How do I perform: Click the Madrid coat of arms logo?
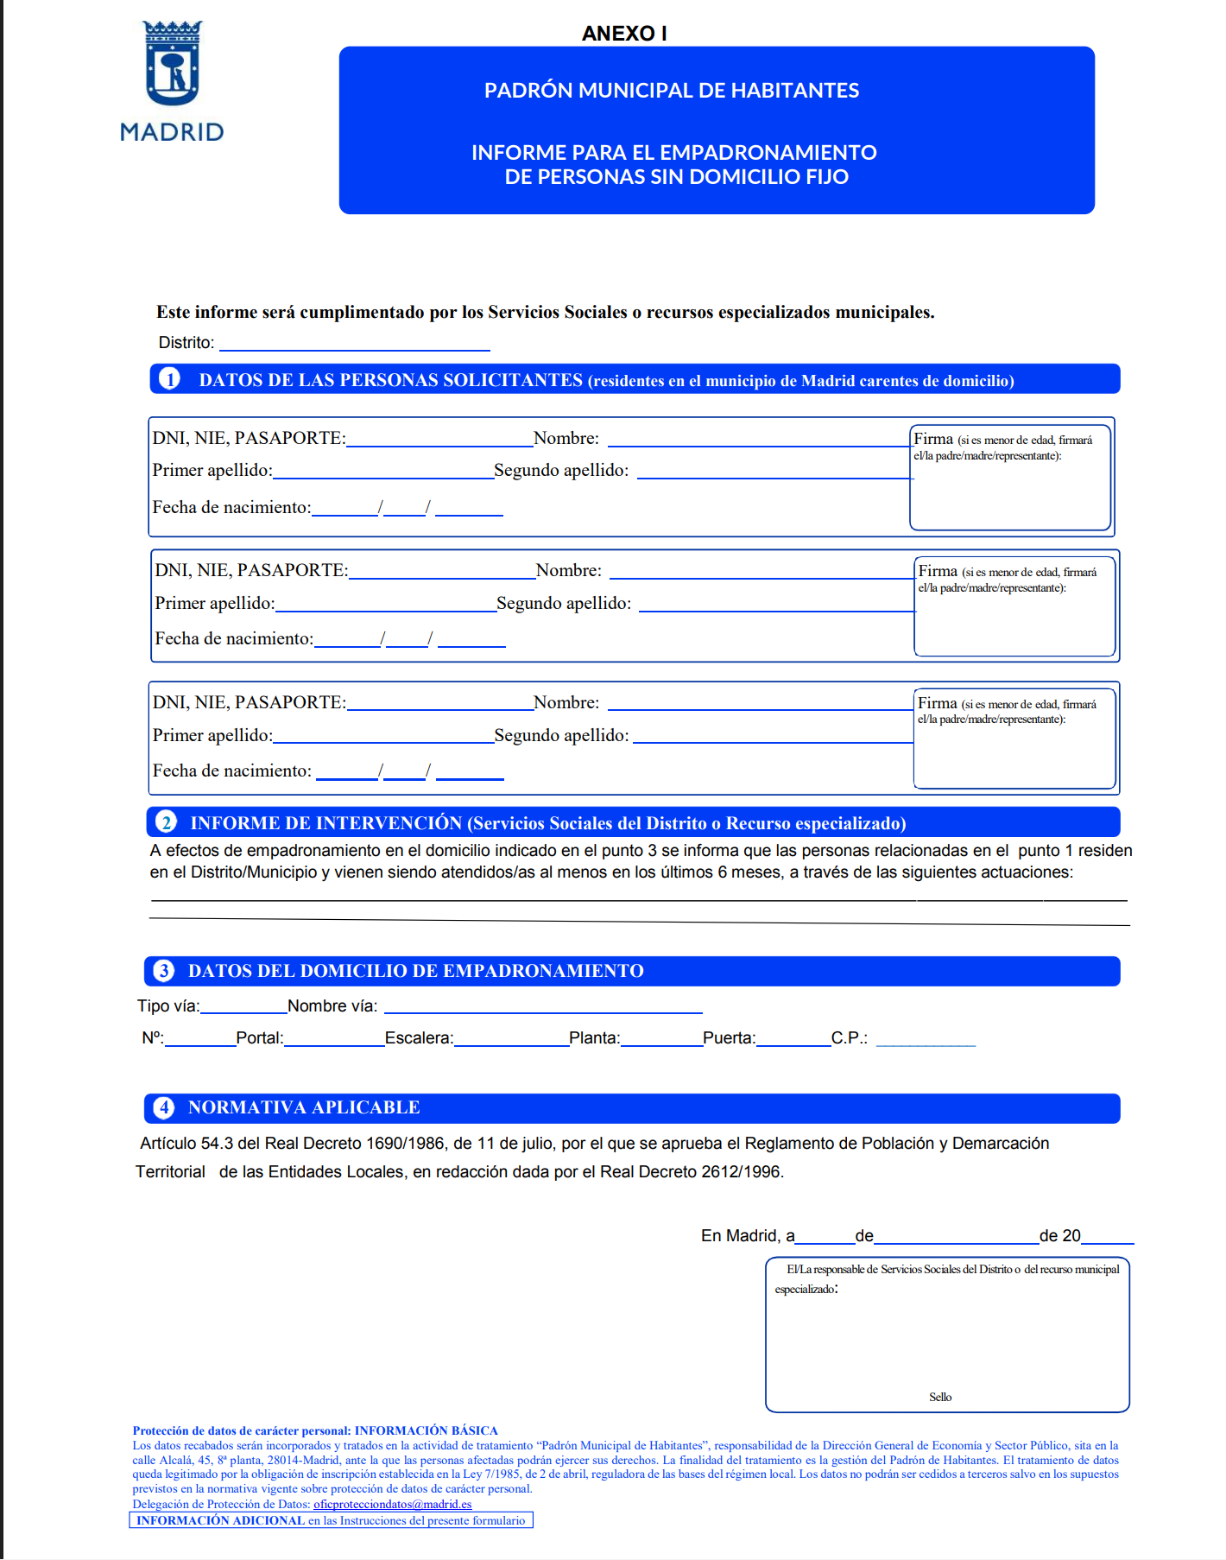pos(172,63)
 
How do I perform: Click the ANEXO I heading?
pos(624,34)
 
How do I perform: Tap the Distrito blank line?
pos(355,345)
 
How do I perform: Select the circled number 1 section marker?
pos(170,379)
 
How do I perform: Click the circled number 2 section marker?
pos(166,821)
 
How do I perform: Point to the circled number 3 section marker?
pos(164,971)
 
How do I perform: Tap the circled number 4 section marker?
pos(164,1107)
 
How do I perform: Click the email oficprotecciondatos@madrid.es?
pos(393,1504)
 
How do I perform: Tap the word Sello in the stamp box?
pos(940,1397)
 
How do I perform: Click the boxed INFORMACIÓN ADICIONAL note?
pos(331,1520)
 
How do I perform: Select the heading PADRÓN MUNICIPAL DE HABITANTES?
pos(672,91)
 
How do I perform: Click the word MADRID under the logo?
pos(172,132)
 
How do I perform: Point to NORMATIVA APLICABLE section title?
pos(304,1107)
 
